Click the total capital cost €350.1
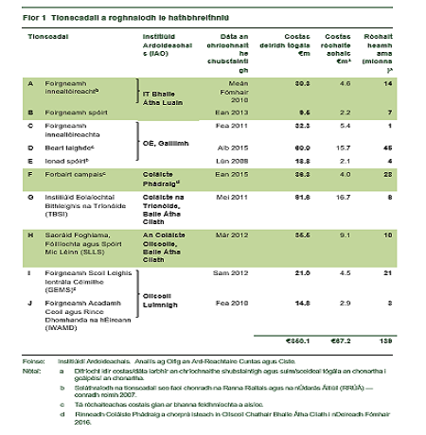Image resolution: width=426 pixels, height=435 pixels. [300, 339]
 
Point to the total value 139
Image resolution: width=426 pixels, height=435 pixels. [386, 339]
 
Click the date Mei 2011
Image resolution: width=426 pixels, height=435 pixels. [244, 197]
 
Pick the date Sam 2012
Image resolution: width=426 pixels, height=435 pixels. [242, 274]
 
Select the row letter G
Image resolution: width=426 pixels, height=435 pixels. [30, 197]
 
